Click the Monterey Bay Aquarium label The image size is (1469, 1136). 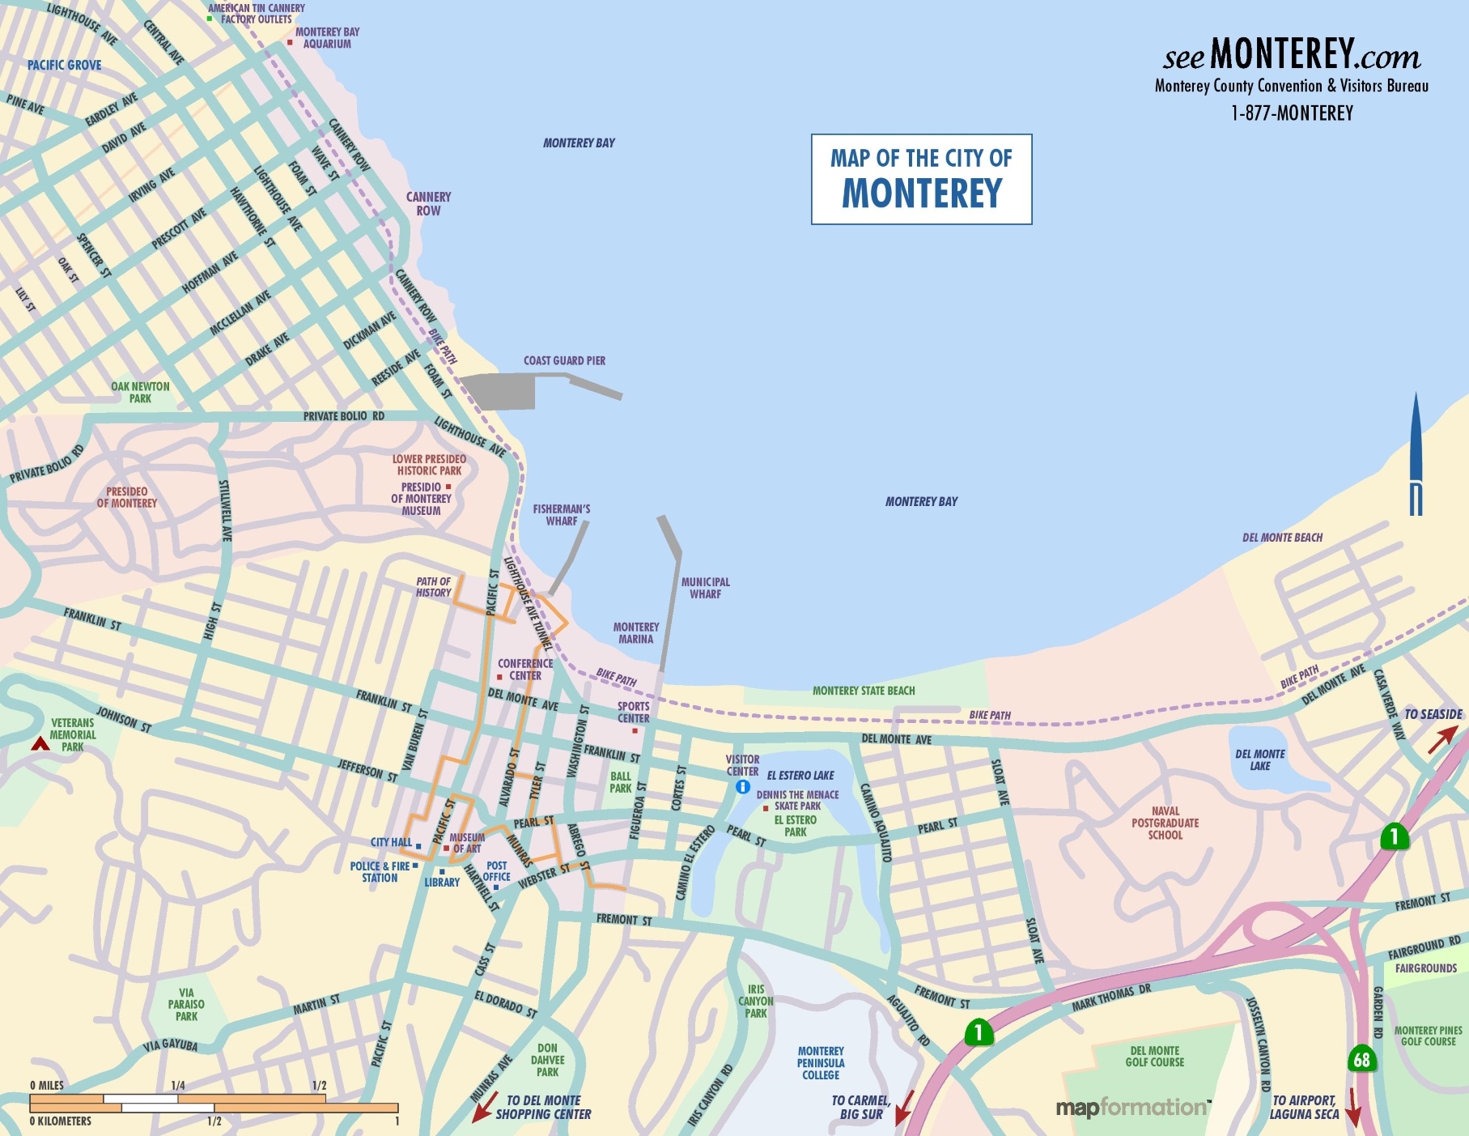point(327,38)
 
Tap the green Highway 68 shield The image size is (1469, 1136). point(1362,1059)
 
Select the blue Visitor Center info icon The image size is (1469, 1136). point(742,786)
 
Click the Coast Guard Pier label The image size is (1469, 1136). point(564,360)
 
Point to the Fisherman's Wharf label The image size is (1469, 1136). point(562,515)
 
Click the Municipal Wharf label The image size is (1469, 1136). point(705,588)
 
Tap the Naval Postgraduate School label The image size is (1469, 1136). point(1165,823)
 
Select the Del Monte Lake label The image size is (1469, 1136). point(1259,759)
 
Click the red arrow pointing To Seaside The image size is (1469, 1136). point(1441,739)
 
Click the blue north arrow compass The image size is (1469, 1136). point(1416,453)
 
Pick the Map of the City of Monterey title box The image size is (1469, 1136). point(921,179)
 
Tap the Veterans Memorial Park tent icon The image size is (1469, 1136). point(40,743)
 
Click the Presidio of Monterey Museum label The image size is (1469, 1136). point(421,499)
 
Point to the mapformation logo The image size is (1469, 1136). point(1132,1107)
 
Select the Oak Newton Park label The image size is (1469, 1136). point(140,392)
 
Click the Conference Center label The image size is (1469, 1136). point(525,669)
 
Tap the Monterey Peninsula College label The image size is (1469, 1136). point(821,1062)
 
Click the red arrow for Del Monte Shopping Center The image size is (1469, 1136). point(485,1106)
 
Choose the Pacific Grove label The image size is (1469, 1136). point(65,65)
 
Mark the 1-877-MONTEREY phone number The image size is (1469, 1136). point(1292,113)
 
